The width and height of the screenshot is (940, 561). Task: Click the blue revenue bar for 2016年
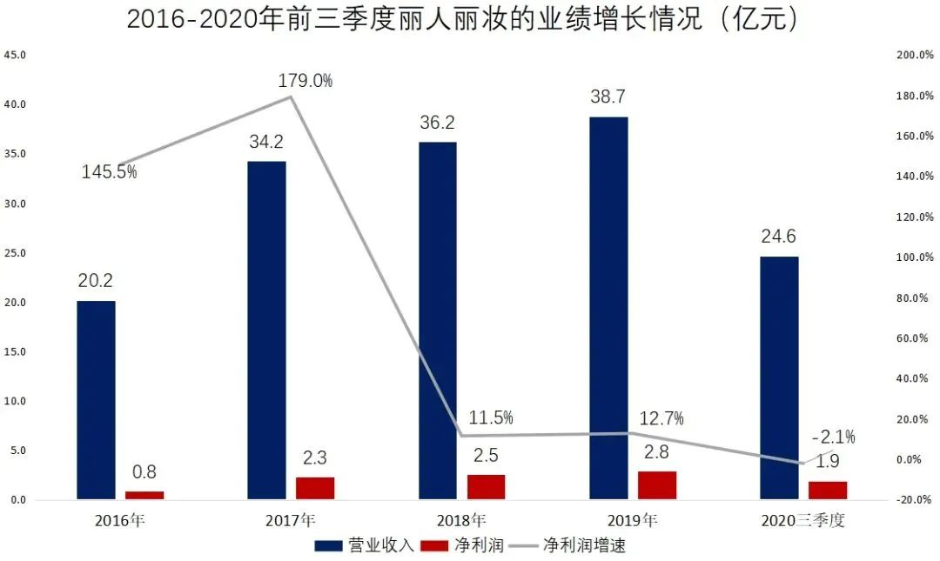click(x=96, y=400)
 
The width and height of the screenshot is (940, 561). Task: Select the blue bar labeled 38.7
click(x=608, y=308)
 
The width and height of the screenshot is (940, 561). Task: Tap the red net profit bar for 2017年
click(x=315, y=488)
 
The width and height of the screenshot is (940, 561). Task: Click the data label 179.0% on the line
click(x=305, y=81)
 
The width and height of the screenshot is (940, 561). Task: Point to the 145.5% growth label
click(x=110, y=172)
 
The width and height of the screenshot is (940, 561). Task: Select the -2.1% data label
click(x=833, y=437)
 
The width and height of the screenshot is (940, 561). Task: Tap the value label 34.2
click(x=265, y=142)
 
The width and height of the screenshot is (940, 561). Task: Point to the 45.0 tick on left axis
click(x=16, y=55)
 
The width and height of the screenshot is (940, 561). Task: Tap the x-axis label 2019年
click(x=632, y=522)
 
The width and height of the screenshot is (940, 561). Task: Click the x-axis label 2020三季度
click(x=802, y=522)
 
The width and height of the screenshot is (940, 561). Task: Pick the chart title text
click(x=462, y=19)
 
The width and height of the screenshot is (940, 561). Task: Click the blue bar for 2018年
click(x=437, y=321)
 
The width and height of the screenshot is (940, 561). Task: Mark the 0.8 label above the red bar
click(x=144, y=472)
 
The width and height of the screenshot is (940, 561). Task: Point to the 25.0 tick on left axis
click(x=16, y=253)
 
